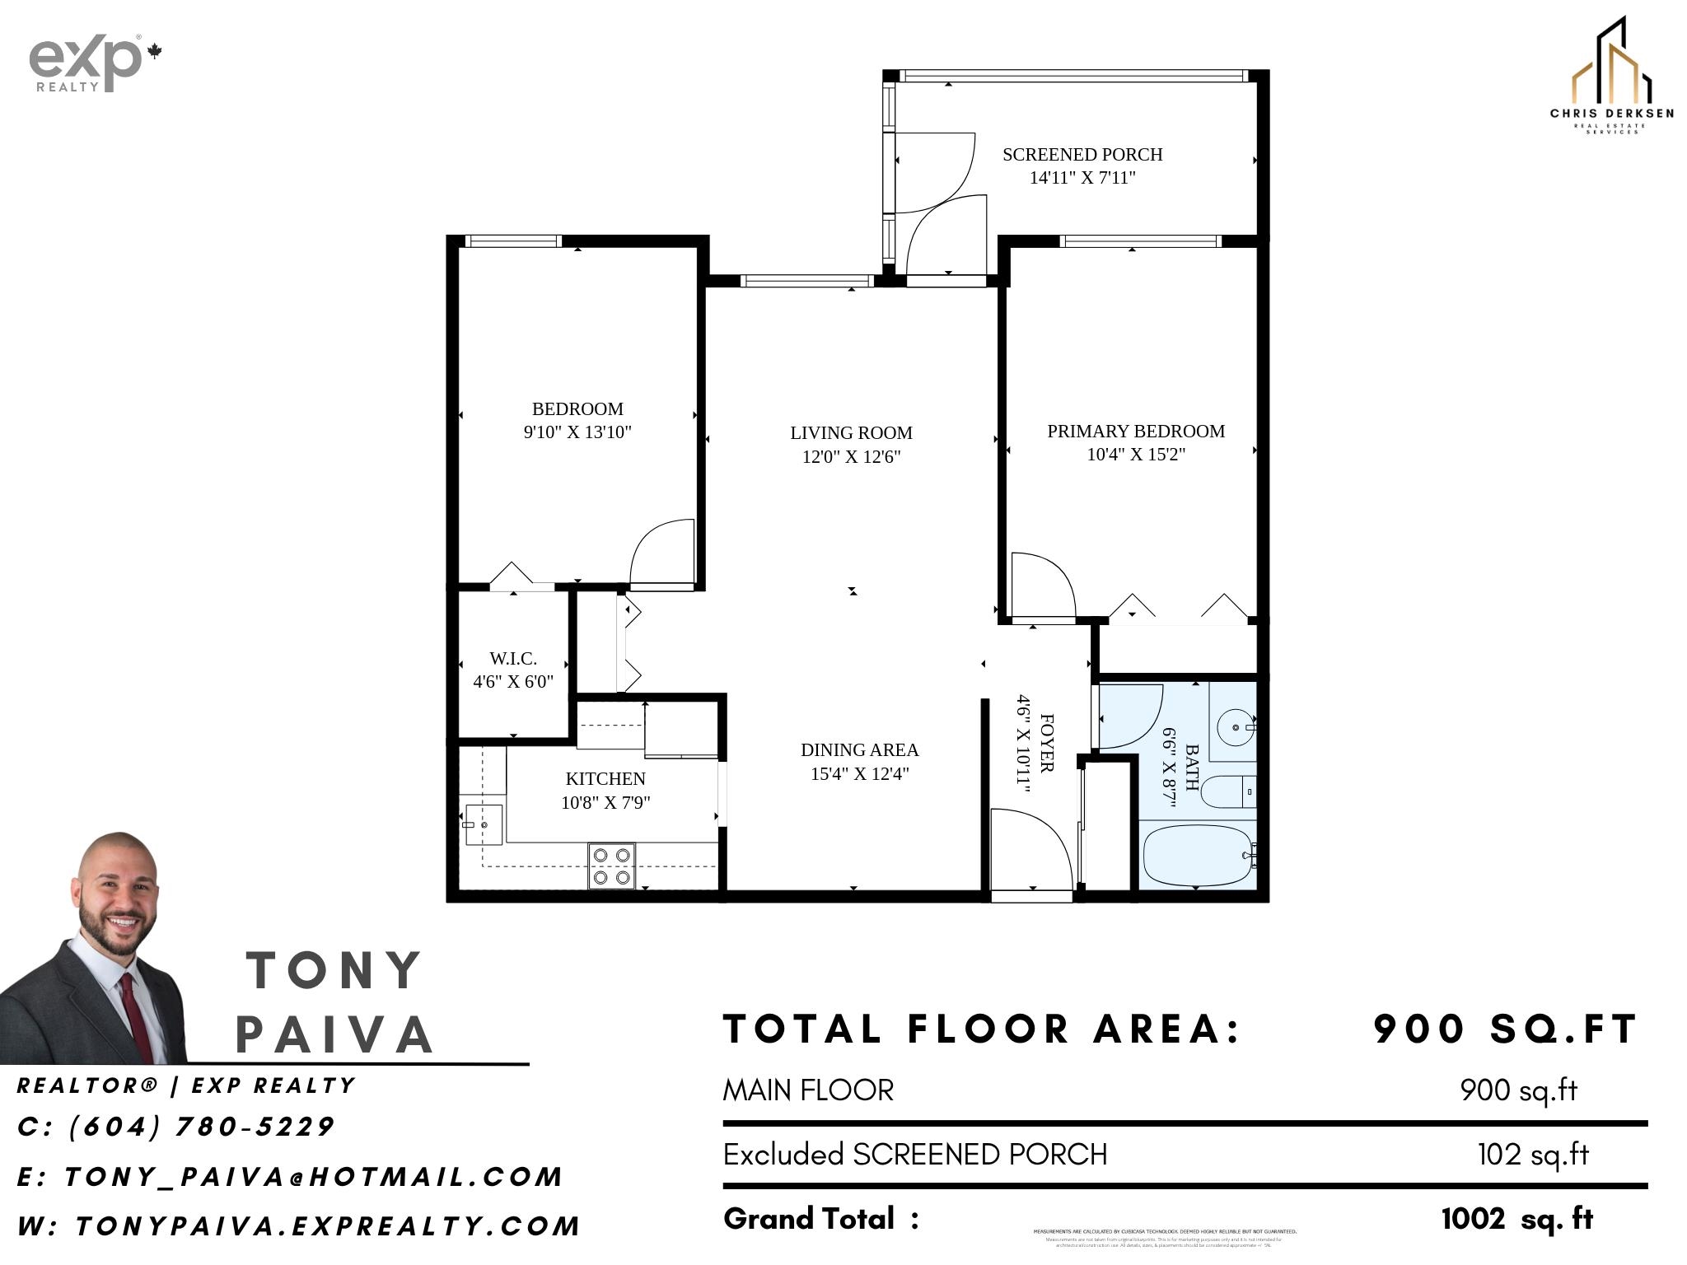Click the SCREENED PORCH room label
(1082, 155)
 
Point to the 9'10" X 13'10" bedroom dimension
(577, 432)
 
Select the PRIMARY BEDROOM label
(1135, 432)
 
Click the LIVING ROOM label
(851, 433)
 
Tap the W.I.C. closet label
(512, 659)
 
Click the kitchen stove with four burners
(611, 866)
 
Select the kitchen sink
(484, 824)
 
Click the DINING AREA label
(859, 750)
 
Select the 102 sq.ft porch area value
(1532, 1155)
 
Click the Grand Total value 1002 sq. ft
(1517, 1219)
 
